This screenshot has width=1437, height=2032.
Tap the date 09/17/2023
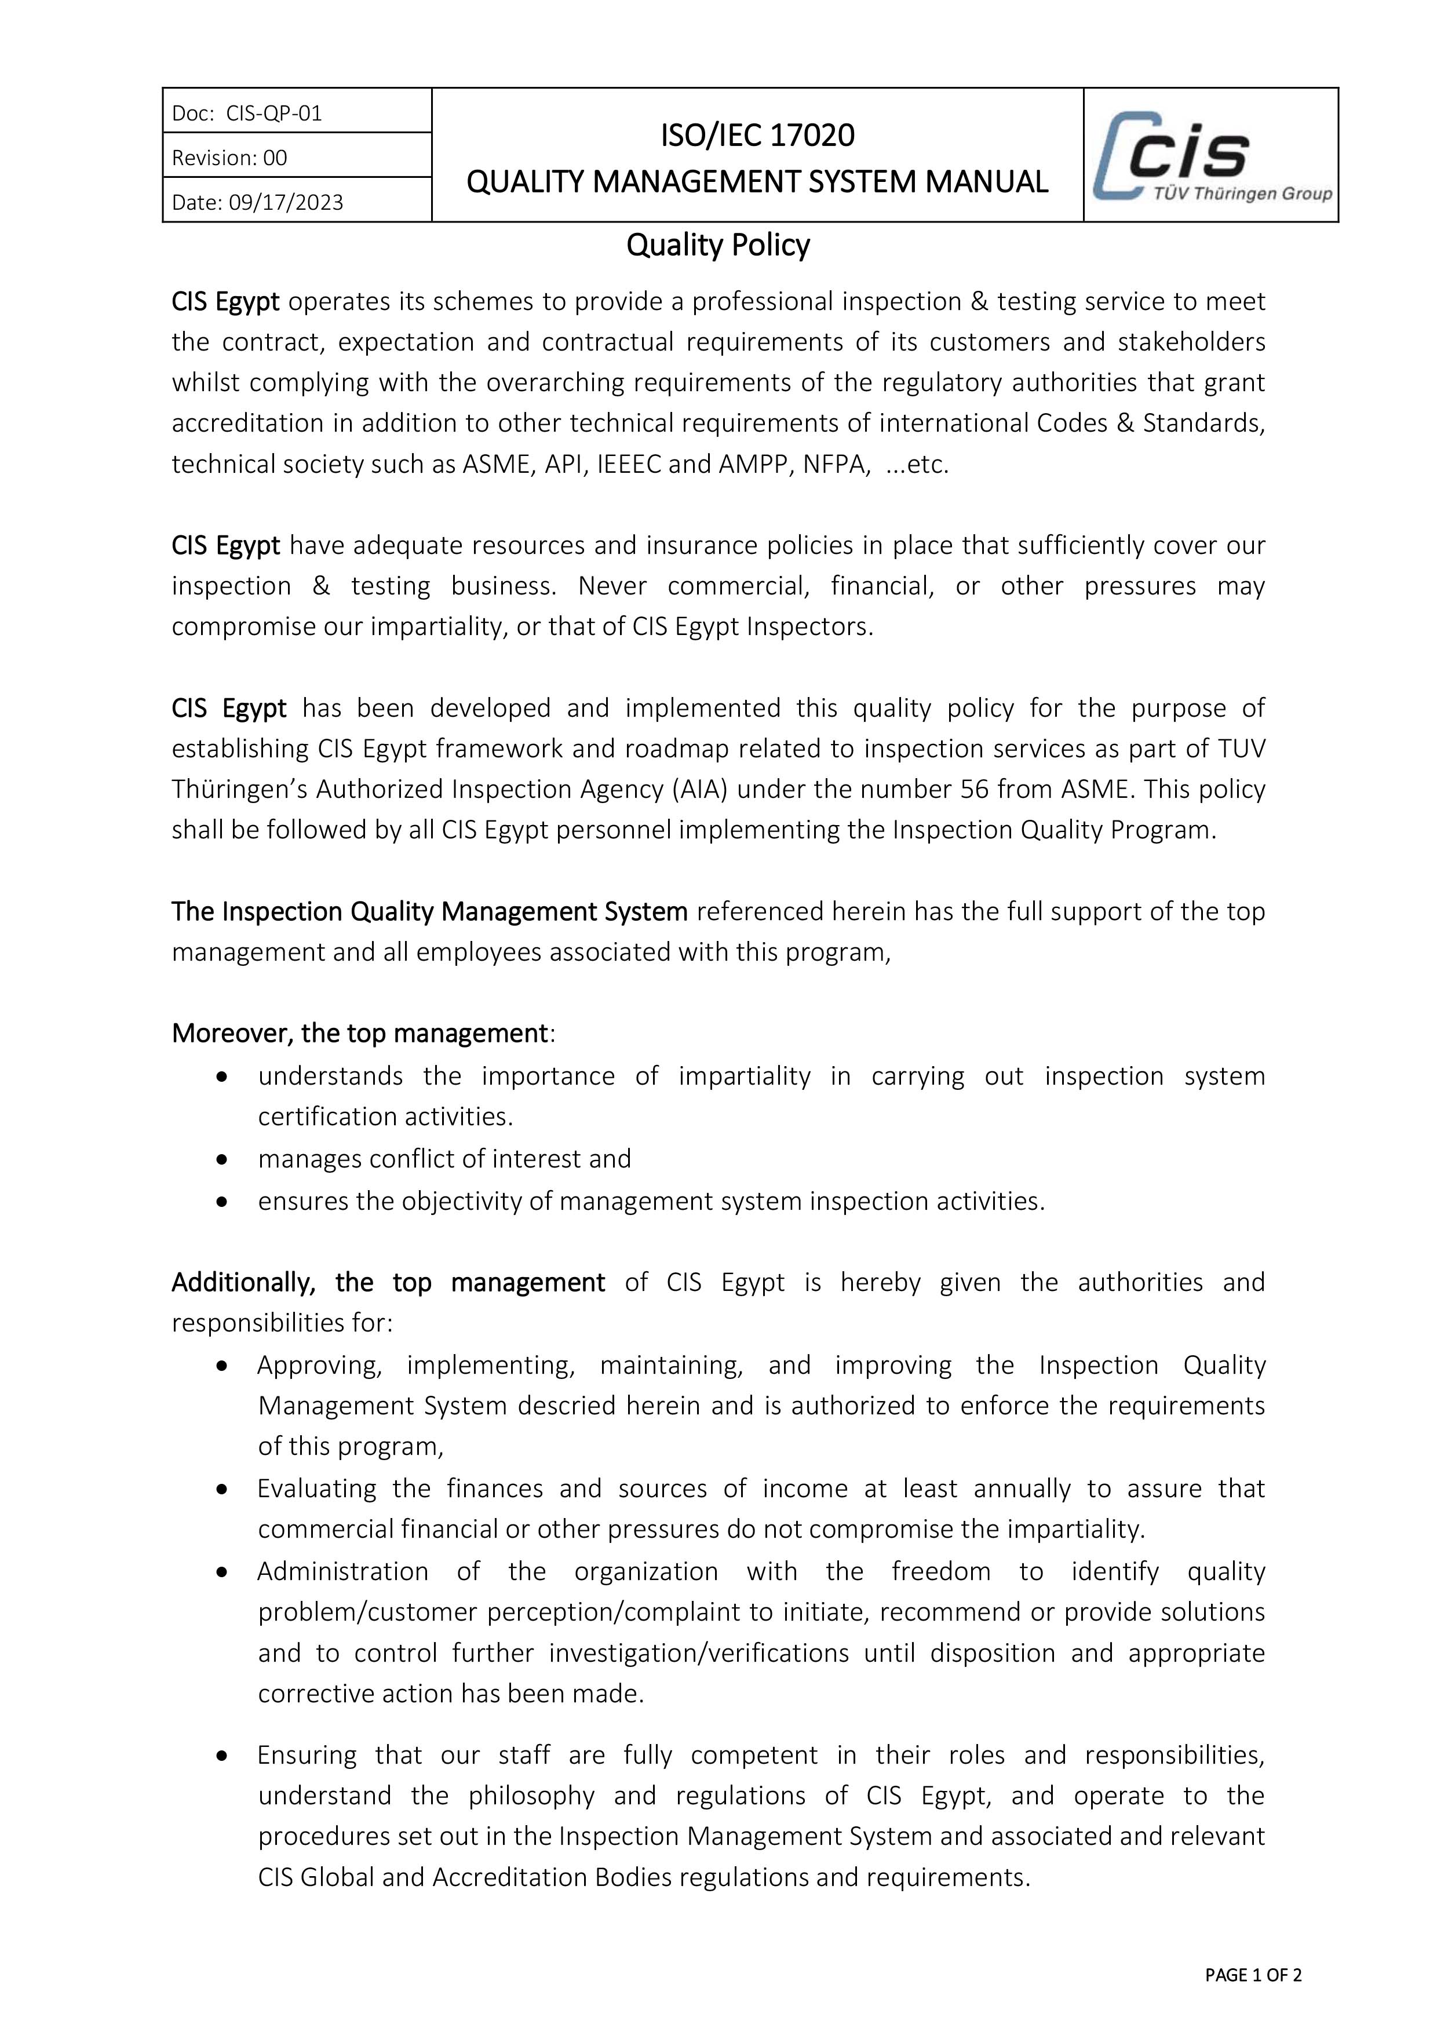286,203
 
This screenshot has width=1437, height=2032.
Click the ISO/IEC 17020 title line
757,136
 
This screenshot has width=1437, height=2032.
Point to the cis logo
1210,155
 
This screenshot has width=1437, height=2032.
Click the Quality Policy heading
717,245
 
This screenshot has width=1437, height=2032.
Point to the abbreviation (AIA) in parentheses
699,789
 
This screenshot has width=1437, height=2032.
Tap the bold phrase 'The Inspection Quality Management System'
429,911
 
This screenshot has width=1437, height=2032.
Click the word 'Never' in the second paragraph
612,586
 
